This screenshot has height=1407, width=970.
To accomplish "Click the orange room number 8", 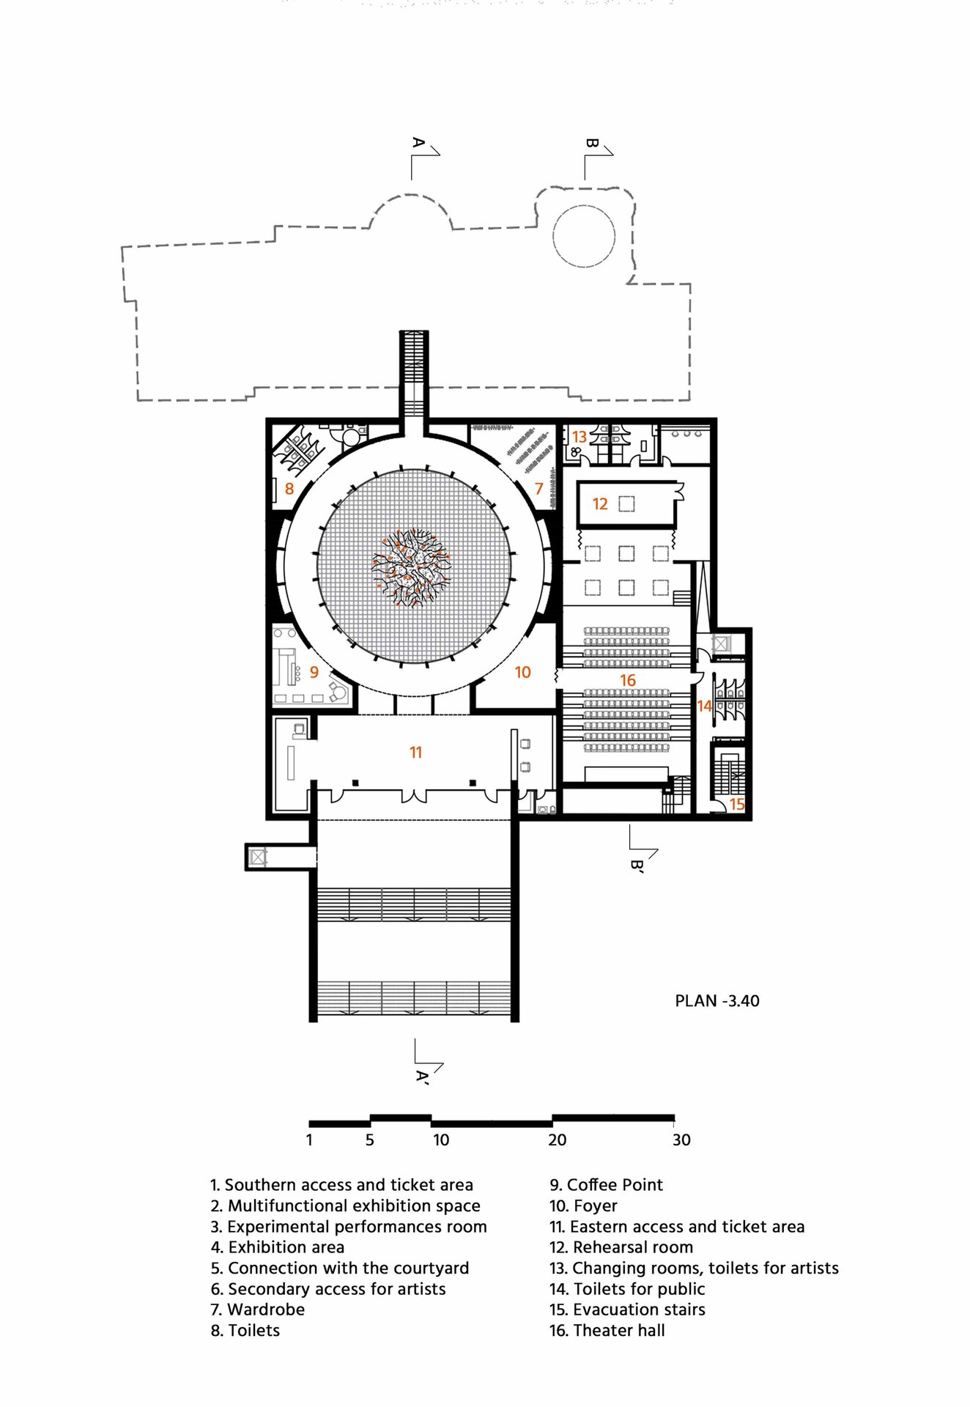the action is coord(289,489).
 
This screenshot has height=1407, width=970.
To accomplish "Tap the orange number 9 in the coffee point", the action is coord(314,672).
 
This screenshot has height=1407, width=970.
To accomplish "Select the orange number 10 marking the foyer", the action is coord(522,672).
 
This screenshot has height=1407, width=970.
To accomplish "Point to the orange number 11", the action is coord(416,752).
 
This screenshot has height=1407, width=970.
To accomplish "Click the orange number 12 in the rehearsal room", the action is coord(600,503).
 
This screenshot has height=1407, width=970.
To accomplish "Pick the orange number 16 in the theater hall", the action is coord(628,680).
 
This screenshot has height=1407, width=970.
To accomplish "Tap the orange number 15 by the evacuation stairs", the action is coord(737,804).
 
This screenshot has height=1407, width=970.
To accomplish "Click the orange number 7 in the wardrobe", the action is coord(539,488).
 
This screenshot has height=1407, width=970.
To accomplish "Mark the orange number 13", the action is coord(580,436).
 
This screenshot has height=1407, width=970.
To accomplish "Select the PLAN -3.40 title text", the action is coord(717,1001).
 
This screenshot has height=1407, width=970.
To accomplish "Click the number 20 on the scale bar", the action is coord(558,1140).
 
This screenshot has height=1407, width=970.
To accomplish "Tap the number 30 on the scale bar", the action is coord(681,1140).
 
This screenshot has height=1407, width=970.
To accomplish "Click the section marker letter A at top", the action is coord(418,142).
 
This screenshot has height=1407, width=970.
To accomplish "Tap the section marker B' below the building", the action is coord(637,866).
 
